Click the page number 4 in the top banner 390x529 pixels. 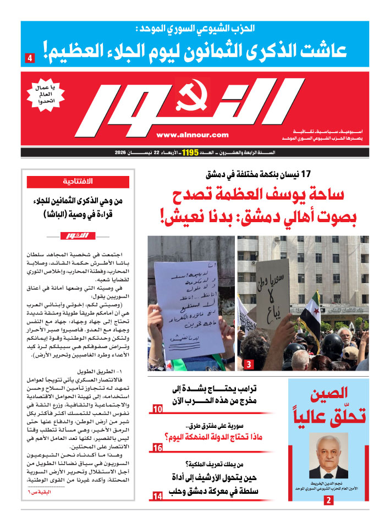tap(30, 57)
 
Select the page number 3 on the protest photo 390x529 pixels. tap(249, 364)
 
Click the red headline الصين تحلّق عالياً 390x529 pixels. tap(328, 406)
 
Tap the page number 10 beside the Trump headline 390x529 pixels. tap(157, 409)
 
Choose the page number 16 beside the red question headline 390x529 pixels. tap(157, 449)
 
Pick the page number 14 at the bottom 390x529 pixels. tap(157, 497)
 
